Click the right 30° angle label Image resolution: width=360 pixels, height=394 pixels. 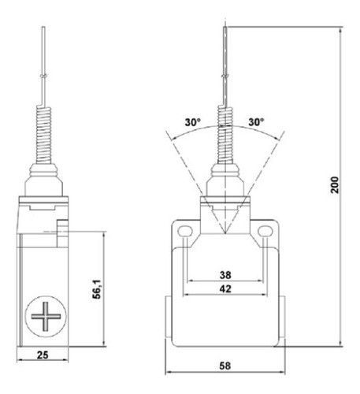pyautogui.click(x=257, y=123)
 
